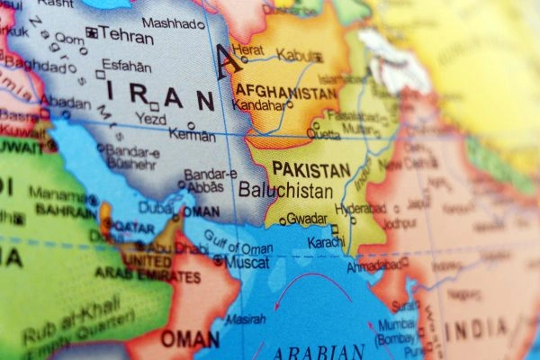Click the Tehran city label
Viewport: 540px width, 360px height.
click(127, 33)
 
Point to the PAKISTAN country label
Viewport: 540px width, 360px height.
click(310, 169)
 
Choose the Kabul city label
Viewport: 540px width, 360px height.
click(295, 57)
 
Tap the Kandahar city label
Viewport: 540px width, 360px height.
click(258, 105)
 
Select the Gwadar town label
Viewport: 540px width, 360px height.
click(307, 219)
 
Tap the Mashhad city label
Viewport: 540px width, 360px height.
click(167, 23)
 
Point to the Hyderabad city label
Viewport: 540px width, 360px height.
click(360, 207)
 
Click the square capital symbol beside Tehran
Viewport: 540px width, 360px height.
click(91, 33)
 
